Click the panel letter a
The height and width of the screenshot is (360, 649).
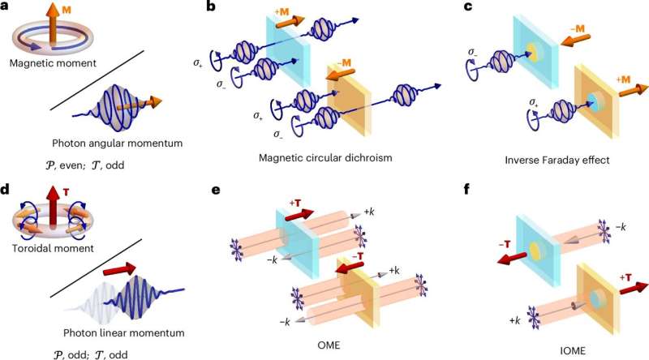5,6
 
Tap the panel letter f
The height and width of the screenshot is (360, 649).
467,190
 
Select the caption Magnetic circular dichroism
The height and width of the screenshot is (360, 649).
325,157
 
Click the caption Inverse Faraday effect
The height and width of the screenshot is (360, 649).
557,160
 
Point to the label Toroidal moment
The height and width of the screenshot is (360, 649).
53,248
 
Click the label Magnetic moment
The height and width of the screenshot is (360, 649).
53,63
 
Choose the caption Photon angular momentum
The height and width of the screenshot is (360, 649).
117,144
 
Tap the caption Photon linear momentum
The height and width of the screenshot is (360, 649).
124,332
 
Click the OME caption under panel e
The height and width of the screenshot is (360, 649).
329,345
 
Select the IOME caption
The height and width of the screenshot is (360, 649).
573,351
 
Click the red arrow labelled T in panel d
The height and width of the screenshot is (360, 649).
53,206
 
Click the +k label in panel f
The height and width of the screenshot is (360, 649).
515,321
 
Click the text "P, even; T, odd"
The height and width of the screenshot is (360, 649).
85,165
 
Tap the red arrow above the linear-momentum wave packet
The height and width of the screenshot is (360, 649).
119,269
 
